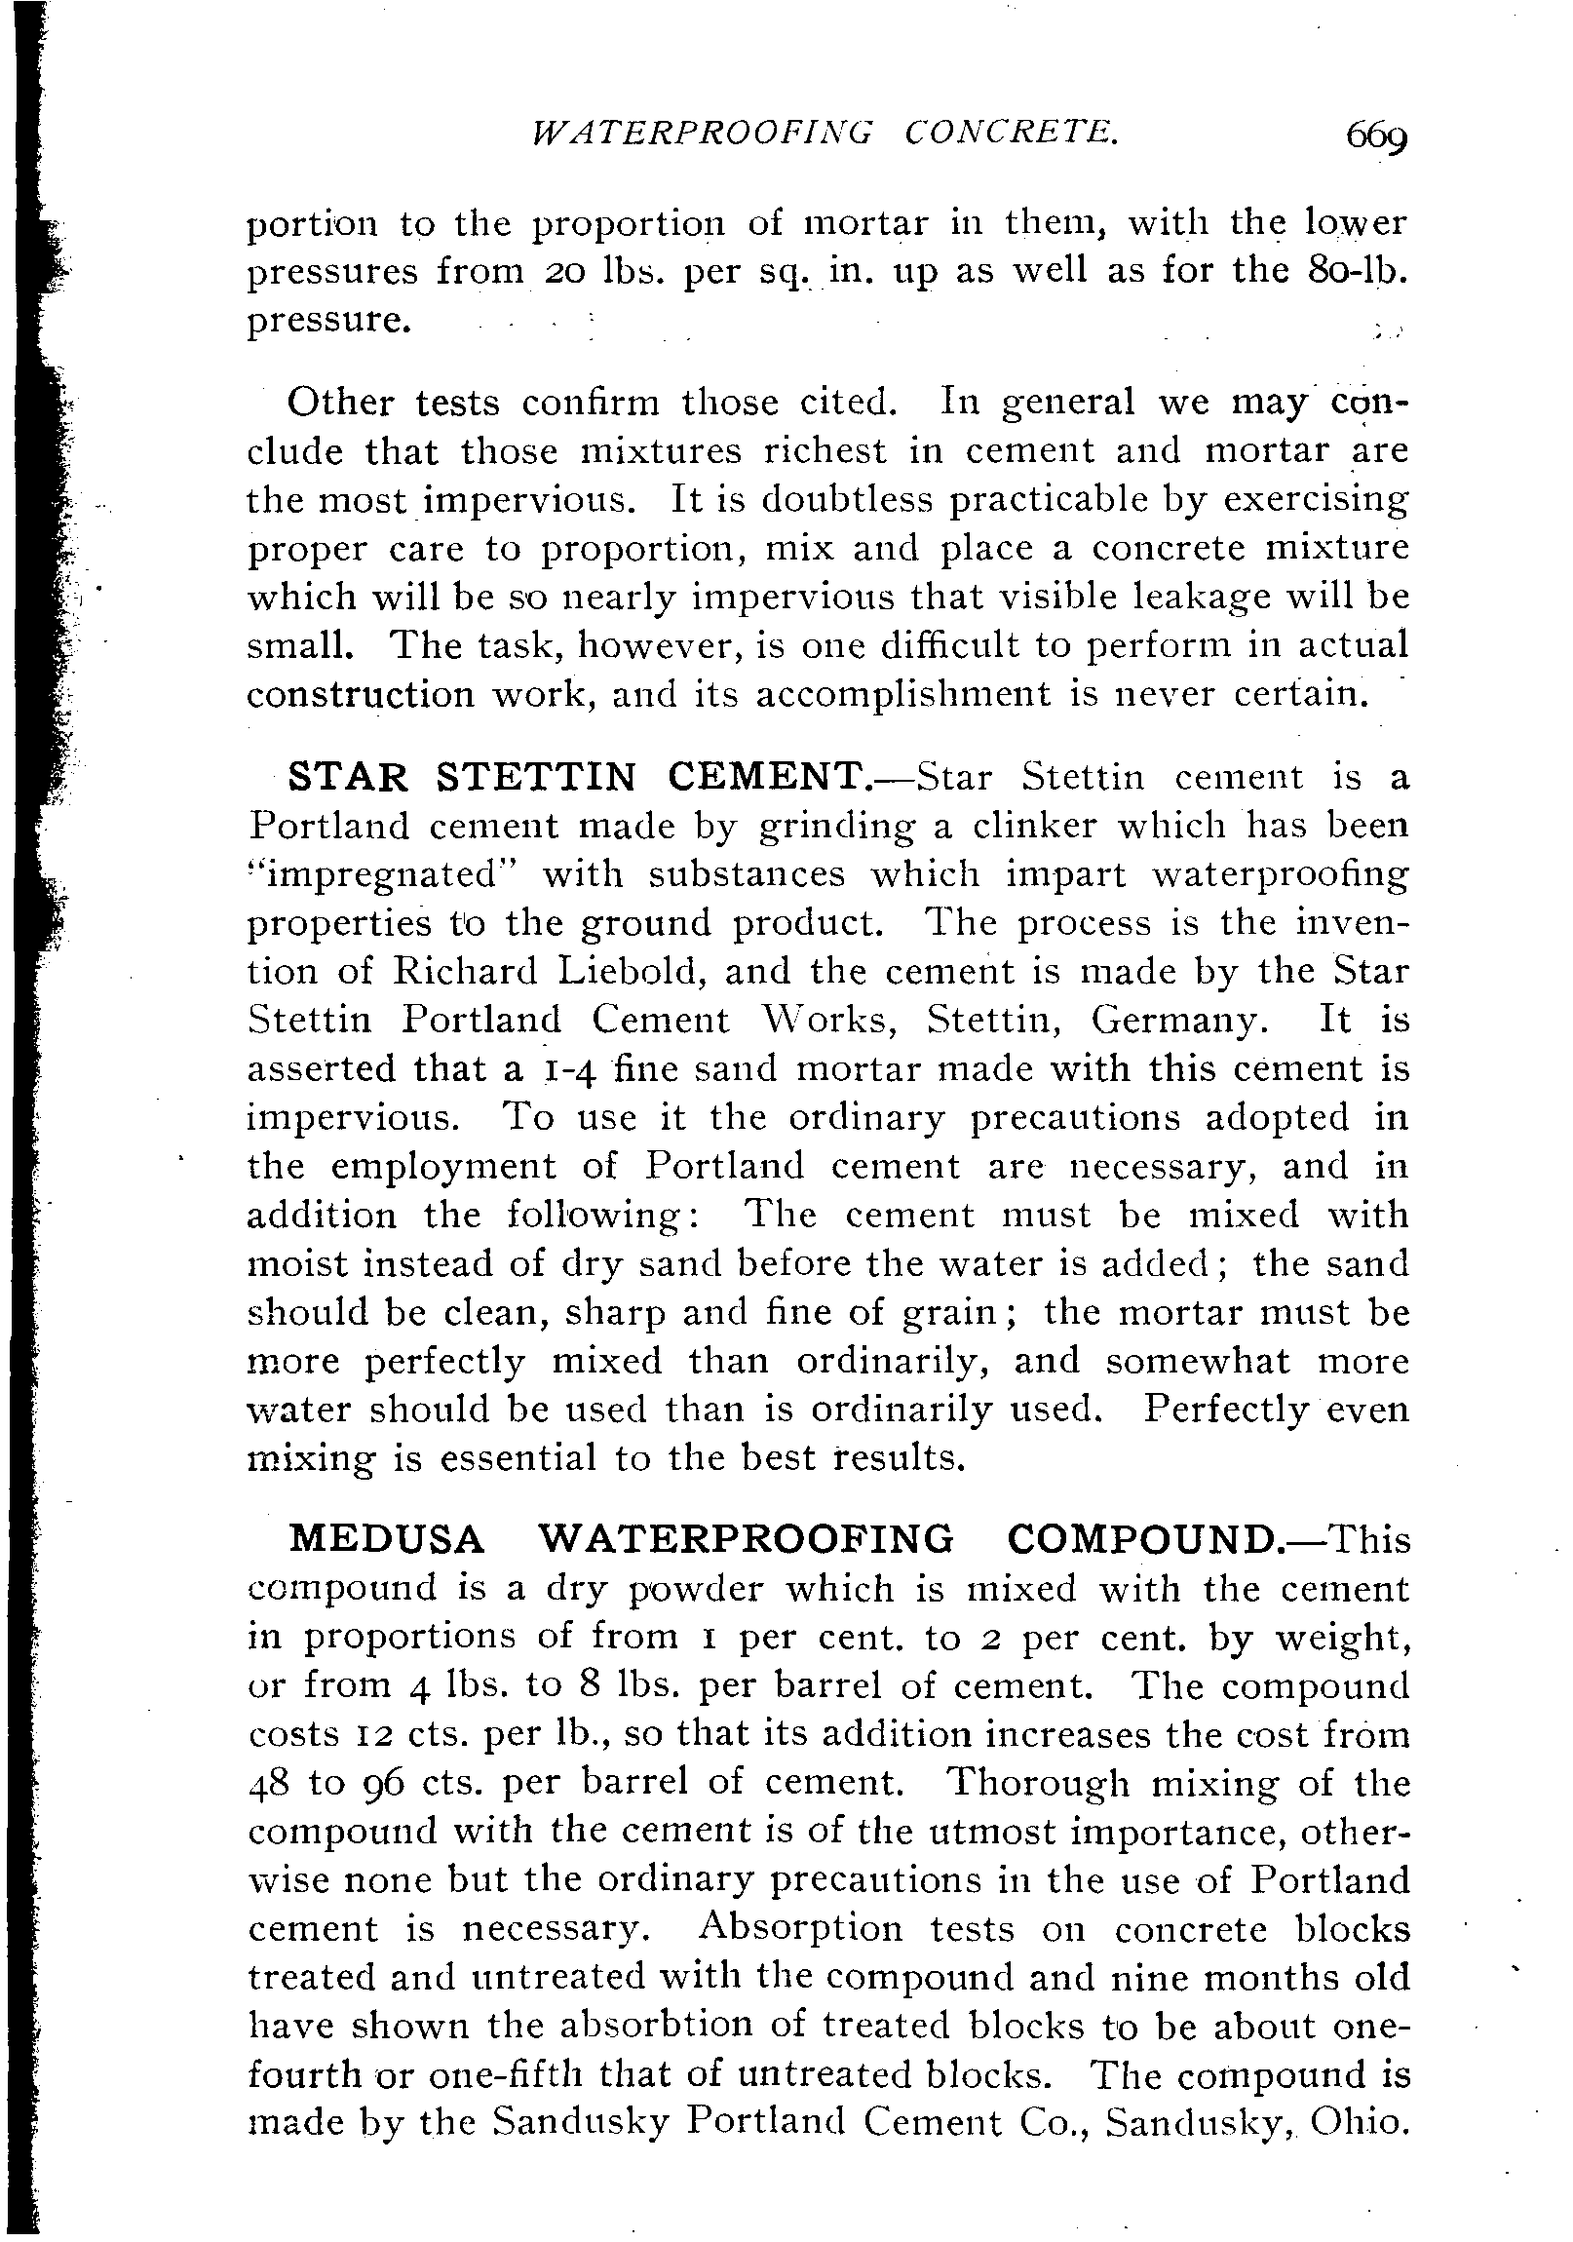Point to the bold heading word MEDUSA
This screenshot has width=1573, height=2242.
click(388, 1539)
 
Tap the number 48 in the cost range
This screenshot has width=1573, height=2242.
click(271, 1784)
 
